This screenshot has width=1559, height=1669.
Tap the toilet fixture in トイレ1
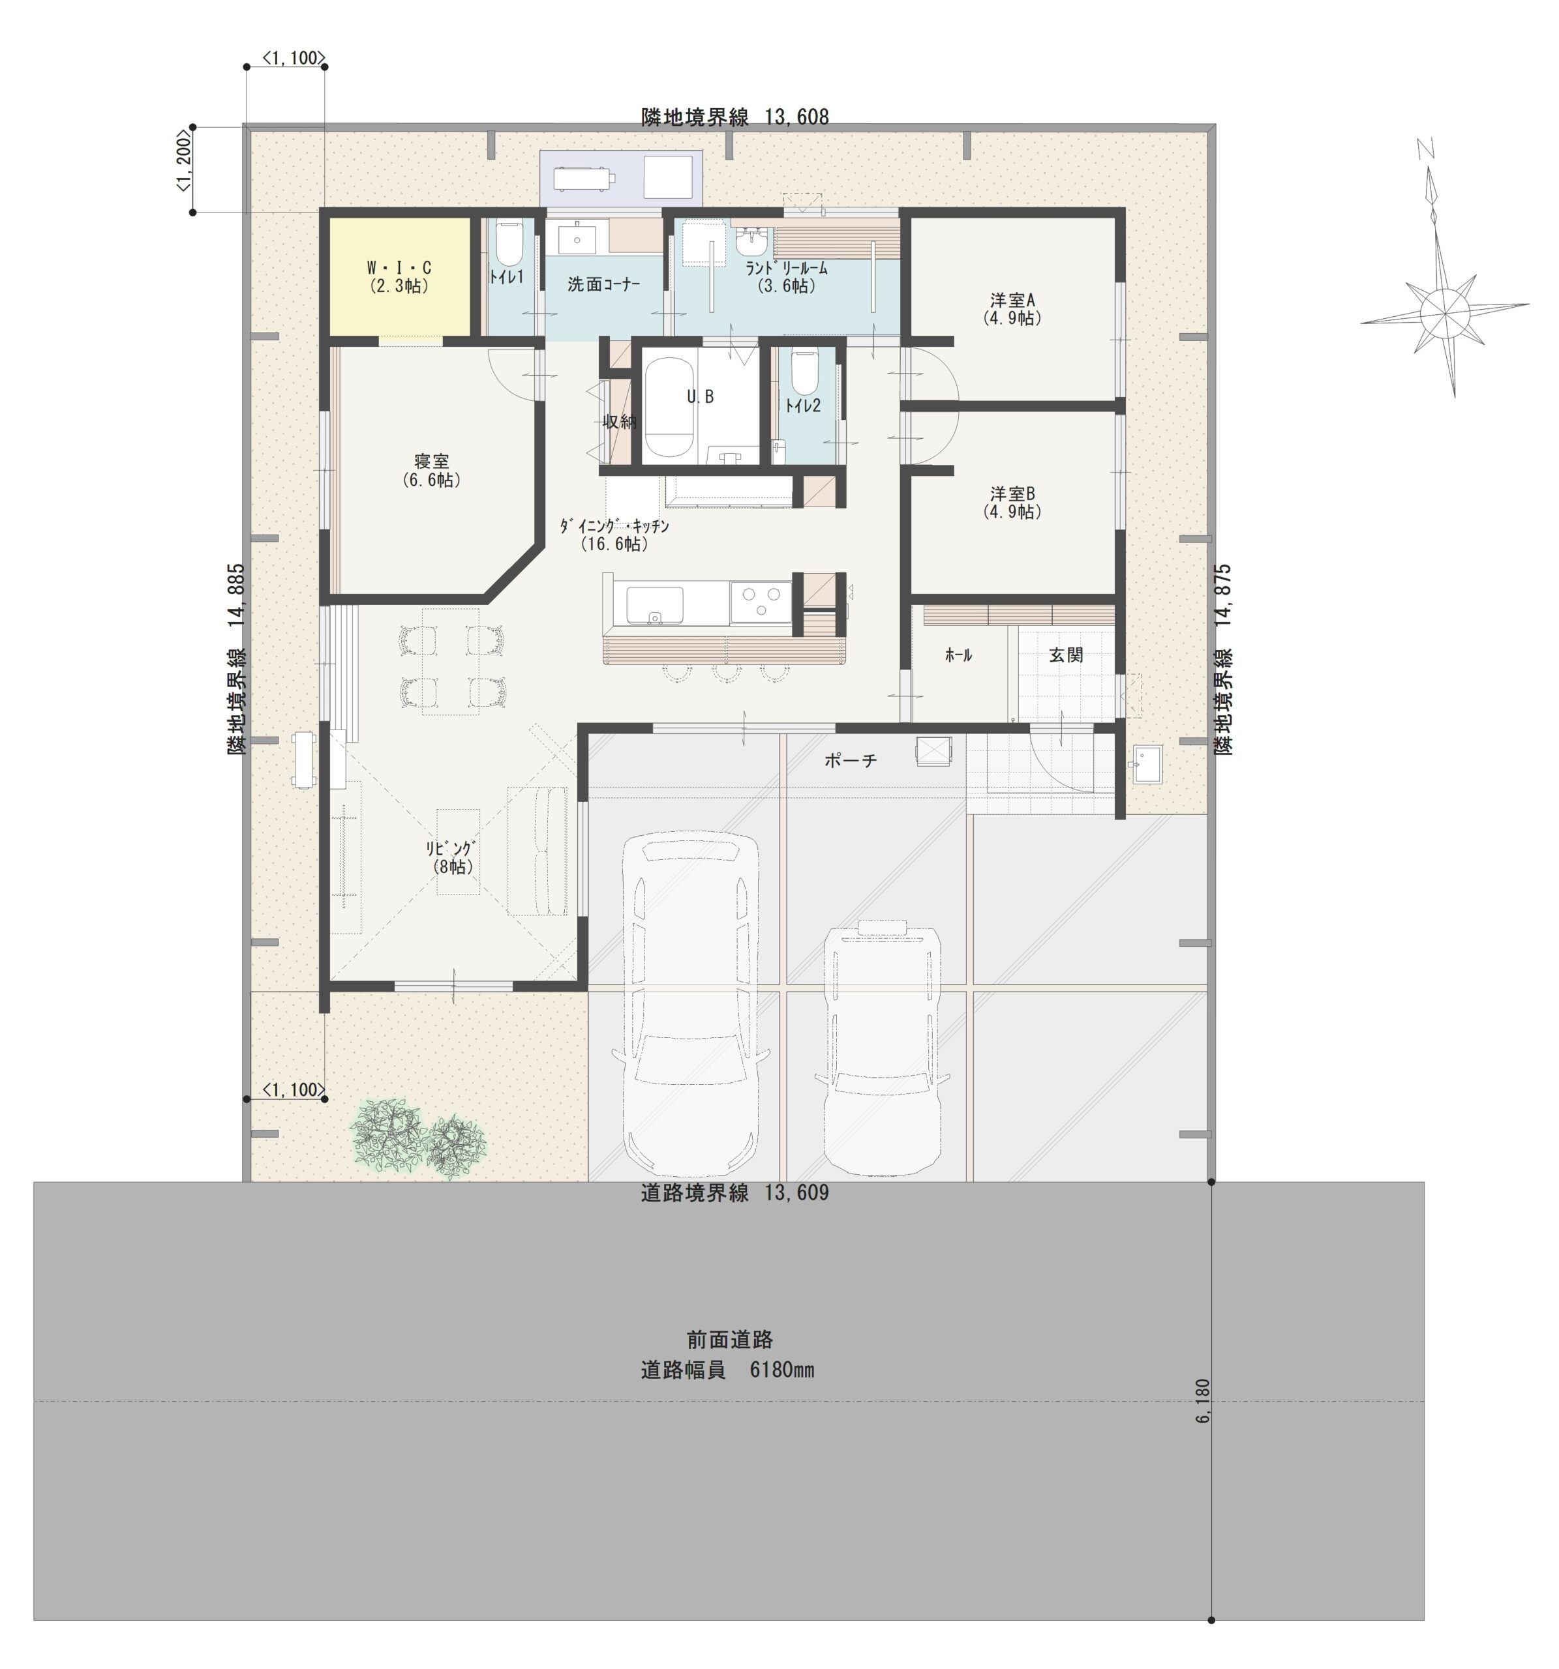pos(508,243)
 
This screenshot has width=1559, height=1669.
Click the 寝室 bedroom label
pos(431,470)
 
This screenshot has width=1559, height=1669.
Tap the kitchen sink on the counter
pos(654,604)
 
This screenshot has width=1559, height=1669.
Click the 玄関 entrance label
pos(1065,655)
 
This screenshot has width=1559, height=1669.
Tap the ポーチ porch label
pos(850,760)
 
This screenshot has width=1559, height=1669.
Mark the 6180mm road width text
pos(727,1370)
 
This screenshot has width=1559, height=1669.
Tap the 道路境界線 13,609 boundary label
pos(734,1193)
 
